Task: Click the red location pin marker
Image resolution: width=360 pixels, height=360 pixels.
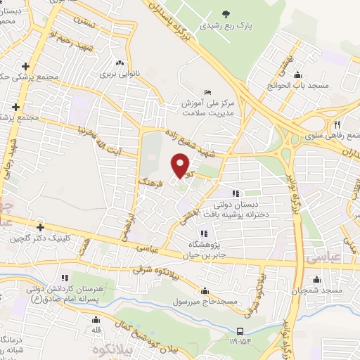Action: click(181, 165)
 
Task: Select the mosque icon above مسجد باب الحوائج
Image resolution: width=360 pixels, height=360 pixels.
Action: click(297, 75)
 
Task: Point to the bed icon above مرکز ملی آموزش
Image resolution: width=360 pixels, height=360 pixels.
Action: click(206, 93)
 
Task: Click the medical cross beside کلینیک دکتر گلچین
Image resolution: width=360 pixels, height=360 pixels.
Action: click(41, 227)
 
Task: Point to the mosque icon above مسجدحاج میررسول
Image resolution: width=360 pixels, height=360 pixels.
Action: click(204, 290)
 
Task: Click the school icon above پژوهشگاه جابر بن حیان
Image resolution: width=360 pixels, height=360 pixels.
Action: click(204, 233)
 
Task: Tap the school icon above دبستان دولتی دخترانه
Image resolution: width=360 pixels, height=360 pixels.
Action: click(236, 193)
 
